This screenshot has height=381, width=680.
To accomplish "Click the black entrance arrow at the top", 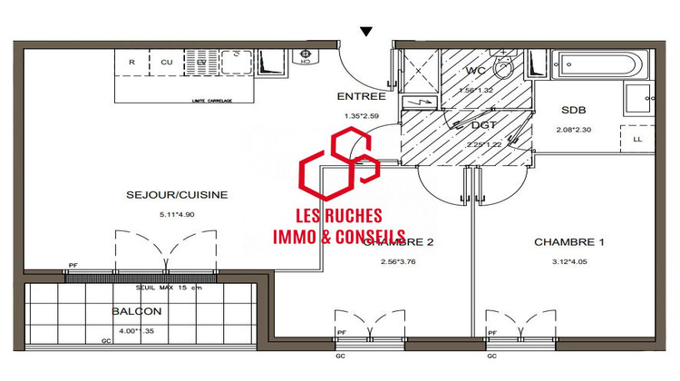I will point(365,31).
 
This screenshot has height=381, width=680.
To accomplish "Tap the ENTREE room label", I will point(361,96).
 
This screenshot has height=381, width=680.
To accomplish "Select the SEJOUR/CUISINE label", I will point(176,194).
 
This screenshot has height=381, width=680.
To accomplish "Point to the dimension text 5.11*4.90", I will point(176,215).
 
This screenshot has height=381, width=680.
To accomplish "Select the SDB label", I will point(575,110).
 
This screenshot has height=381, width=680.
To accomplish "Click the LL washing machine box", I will point(637,139).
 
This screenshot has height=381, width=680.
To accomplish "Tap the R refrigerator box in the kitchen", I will point(132,62).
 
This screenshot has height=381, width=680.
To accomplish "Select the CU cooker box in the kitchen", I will point(167,62).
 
